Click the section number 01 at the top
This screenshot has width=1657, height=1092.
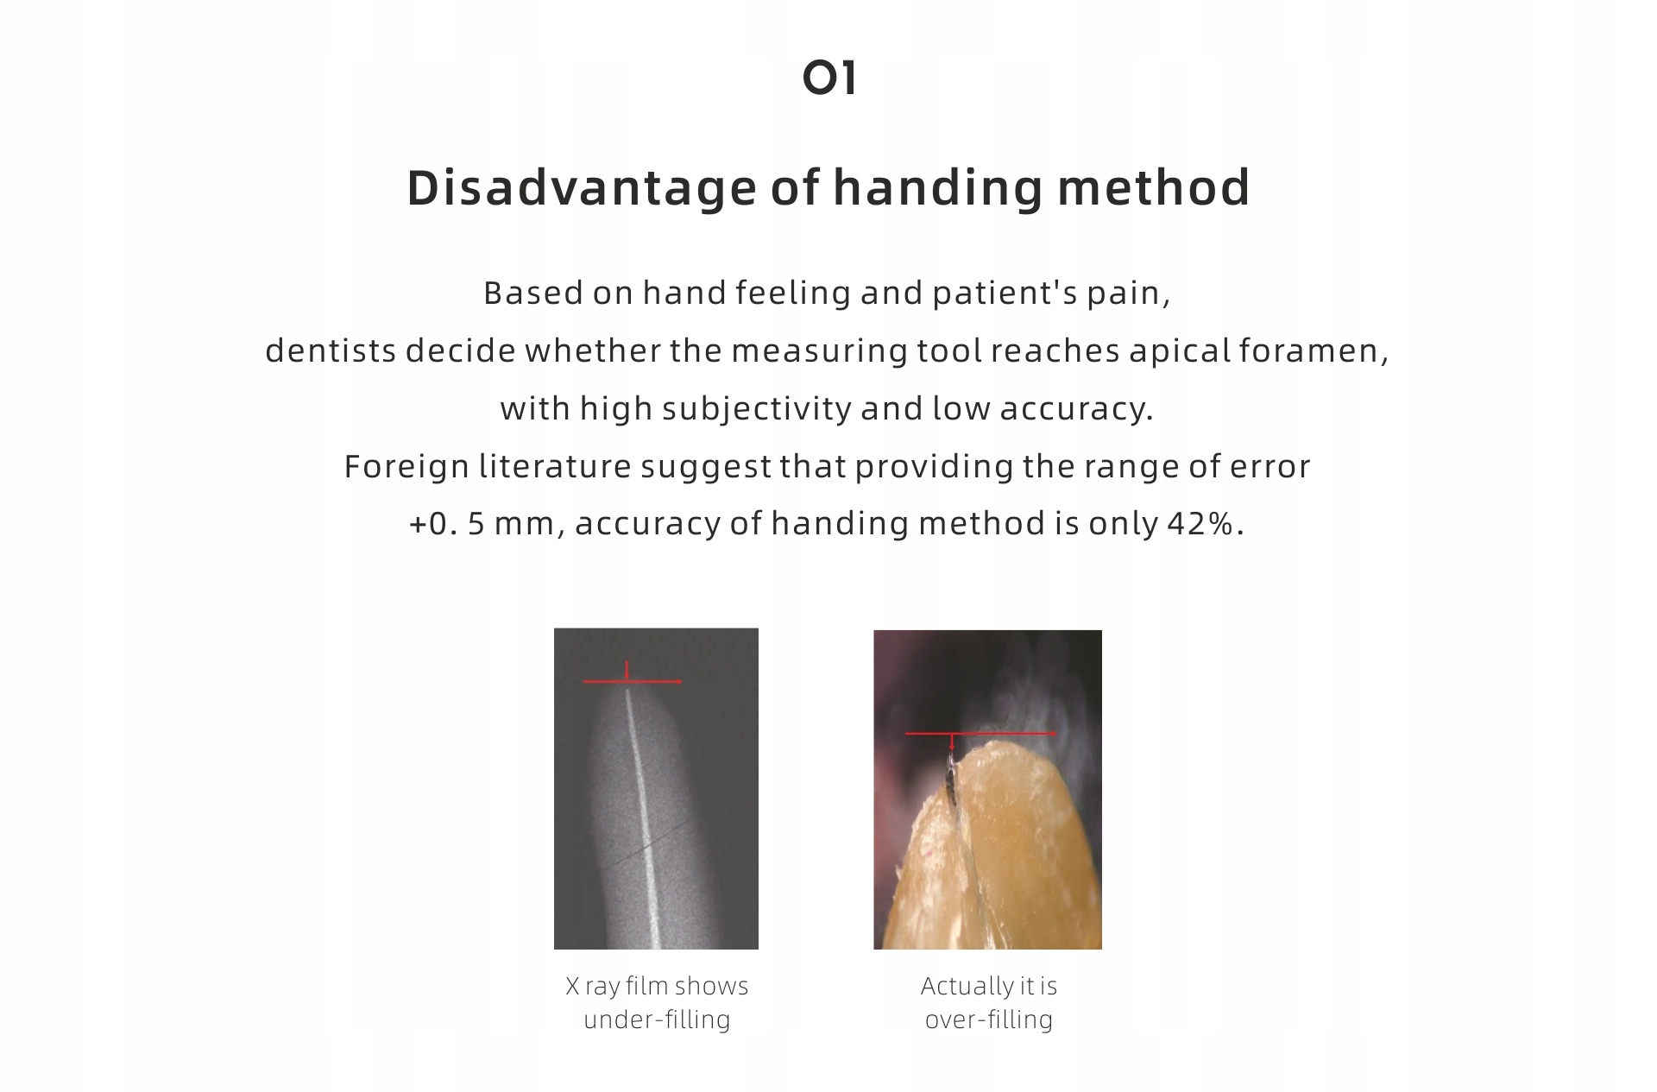pos(828,78)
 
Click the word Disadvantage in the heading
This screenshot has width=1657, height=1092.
pos(582,188)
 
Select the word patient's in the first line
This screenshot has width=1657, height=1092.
pos(1005,294)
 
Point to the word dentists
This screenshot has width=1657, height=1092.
pos(331,350)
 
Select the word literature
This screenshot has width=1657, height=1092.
pos(555,466)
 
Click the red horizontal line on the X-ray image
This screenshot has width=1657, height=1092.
pos(633,682)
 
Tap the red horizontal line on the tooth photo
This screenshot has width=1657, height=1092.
pos(981,734)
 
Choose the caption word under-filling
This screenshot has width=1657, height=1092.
pos(658,1019)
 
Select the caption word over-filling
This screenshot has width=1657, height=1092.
pos(989,1019)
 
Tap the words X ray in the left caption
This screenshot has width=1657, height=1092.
pos(593,987)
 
